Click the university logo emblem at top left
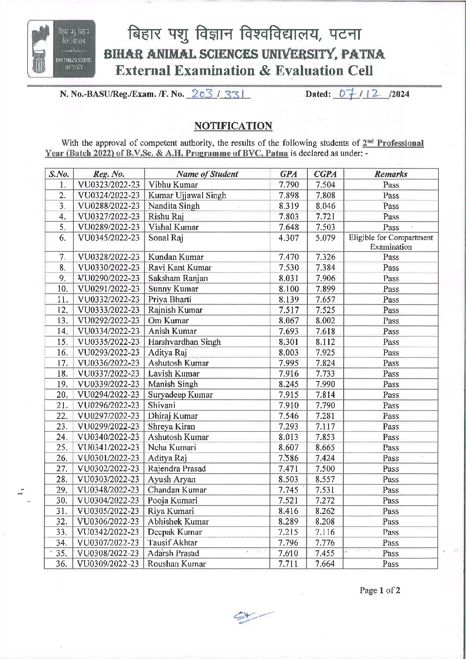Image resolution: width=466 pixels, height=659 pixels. pyautogui.click(x=61, y=49)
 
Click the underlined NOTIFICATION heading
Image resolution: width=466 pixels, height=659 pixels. pyautogui.click(x=233, y=126)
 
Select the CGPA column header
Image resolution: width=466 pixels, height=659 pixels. pyautogui.click(x=325, y=174)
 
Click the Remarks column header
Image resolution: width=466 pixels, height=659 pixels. pyautogui.click(x=391, y=174)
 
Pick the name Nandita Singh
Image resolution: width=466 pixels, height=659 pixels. pyautogui.click(x=174, y=206)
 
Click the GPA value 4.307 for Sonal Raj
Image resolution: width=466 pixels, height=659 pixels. pyautogui.click(x=288, y=238)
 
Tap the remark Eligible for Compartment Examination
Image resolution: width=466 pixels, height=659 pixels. pyautogui.click(x=391, y=242)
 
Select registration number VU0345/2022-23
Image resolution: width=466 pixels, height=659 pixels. pyautogui.click(x=109, y=238)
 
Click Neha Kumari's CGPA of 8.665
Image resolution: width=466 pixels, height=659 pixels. pyautogui.click(x=325, y=448)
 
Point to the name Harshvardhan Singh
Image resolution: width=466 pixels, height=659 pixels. pyautogui.click(x=184, y=342)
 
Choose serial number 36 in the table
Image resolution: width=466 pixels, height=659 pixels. pyautogui.click(x=62, y=564)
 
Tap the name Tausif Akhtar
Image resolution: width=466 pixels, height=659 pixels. pyautogui.click(x=173, y=543)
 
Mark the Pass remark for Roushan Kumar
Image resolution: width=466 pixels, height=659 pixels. pyautogui.click(x=390, y=564)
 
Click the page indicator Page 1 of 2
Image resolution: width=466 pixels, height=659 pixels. pyautogui.click(x=380, y=591)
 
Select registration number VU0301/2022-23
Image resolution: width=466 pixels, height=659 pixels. pyautogui.click(x=108, y=458)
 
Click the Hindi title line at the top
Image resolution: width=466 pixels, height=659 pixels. pyautogui.click(x=244, y=34)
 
